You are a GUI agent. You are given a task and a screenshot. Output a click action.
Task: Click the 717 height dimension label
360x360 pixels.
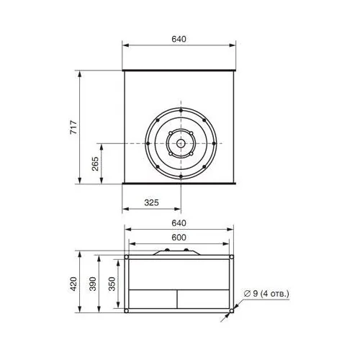(x=73, y=127)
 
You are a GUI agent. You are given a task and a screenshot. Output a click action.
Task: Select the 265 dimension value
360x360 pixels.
(x=95, y=163)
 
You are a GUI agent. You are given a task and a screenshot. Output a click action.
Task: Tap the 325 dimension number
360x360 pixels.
(x=151, y=203)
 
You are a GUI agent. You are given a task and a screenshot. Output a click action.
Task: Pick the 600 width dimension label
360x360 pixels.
(x=179, y=238)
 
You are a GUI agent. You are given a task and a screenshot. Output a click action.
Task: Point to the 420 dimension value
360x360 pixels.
(x=73, y=284)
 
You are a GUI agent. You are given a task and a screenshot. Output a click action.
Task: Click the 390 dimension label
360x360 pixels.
(x=93, y=284)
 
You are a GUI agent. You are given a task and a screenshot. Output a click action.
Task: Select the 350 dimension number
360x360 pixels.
(x=112, y=284)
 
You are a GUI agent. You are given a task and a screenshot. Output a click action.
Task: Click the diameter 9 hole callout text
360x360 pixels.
(x=266, y=294)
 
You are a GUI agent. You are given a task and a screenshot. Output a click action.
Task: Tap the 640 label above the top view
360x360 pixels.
(x=179, y=39)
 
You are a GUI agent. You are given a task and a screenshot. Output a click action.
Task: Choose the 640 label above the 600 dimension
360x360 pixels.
(x=179, y=223)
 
